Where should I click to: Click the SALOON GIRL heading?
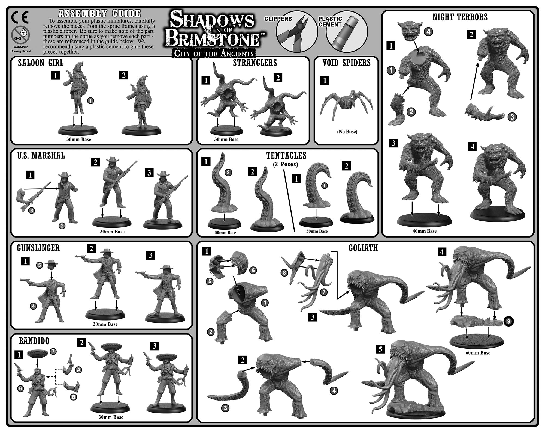[x=41, y=63]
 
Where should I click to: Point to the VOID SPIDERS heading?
[x=346, y=63]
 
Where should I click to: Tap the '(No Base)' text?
[x=347, y=132]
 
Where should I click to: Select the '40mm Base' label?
[x=424, y=231]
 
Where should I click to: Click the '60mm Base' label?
[x=478, y=353]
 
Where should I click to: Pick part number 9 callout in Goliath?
[x=508, y=322]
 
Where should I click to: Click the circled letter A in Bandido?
[x=78, y=370]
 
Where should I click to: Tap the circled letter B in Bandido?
[x=73, y=397]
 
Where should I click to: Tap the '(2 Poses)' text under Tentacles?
[x=286, y=164]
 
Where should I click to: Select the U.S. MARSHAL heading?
[x=41, y=156]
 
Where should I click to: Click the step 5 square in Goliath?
[x=380, y=349]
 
